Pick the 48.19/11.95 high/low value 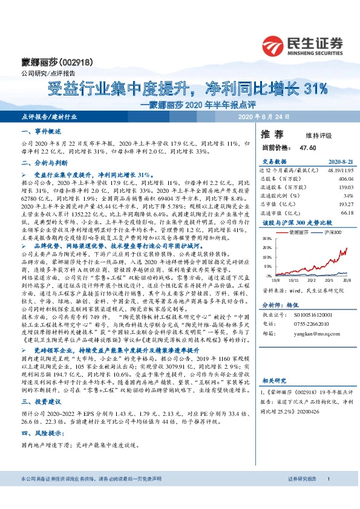(x=339, y=171)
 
